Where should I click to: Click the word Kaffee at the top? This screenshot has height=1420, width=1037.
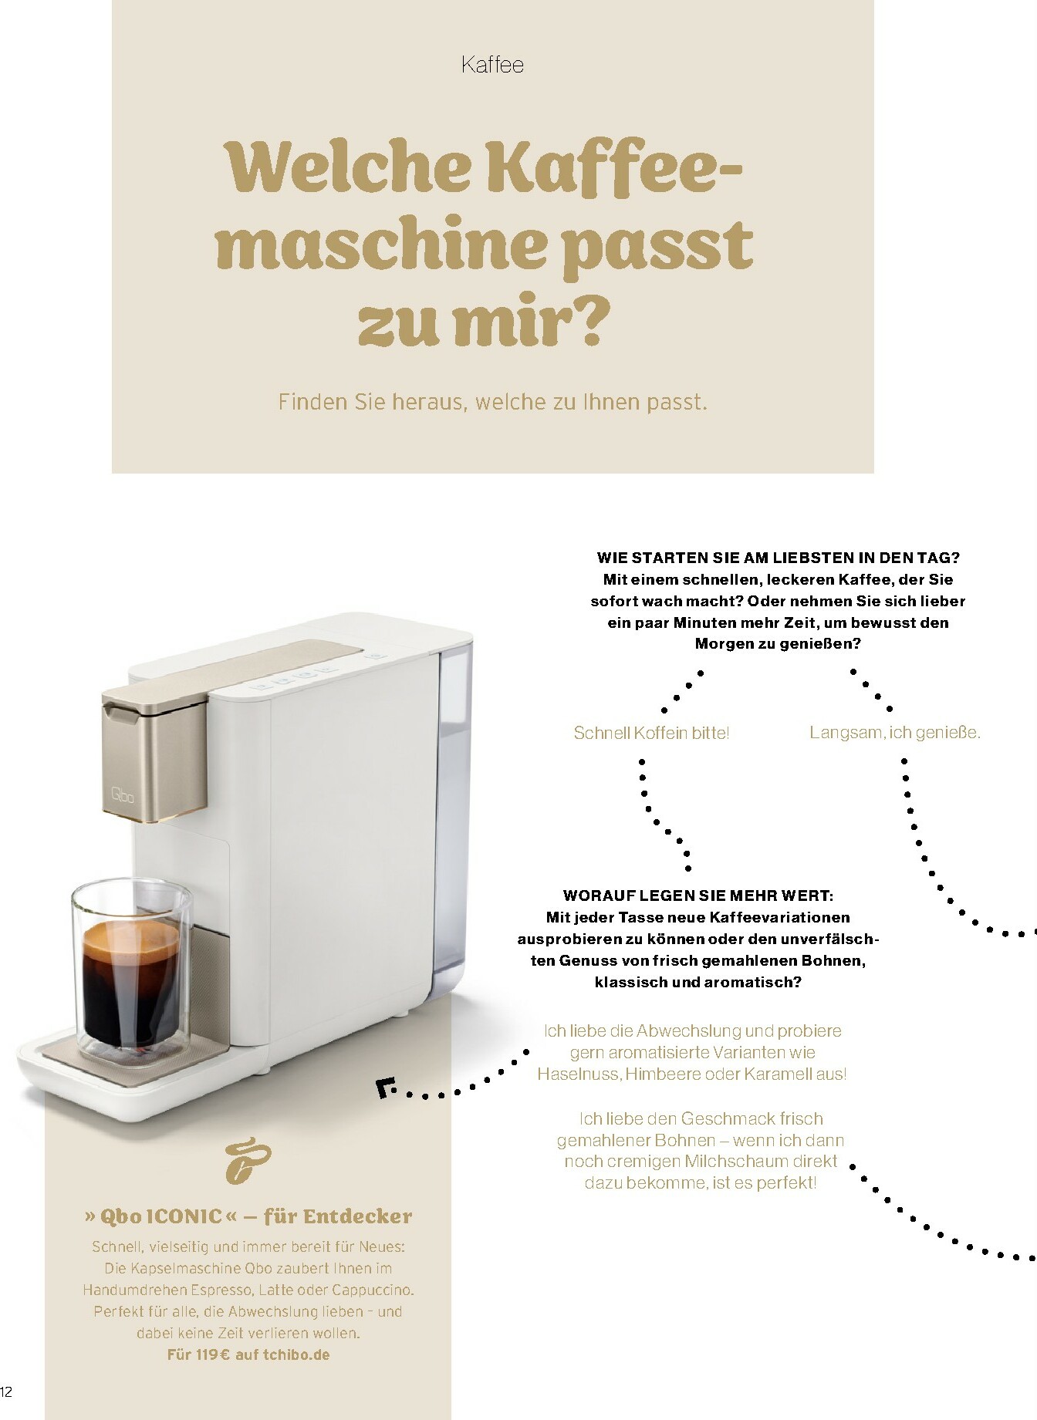tap(492, 64)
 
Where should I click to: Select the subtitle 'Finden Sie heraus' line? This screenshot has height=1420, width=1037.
tap(492, 402)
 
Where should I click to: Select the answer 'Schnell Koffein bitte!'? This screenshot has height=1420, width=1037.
tap(651, 733)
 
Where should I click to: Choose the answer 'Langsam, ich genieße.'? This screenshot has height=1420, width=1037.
tap(894, 733)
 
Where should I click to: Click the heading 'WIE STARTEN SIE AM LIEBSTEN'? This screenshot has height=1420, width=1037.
tap(778, 558)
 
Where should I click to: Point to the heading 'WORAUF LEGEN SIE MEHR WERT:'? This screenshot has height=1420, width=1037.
tap(698, 896)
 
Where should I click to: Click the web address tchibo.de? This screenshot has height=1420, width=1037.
tap(296, 1354)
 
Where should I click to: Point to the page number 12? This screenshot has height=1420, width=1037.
tap(6, 1391)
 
